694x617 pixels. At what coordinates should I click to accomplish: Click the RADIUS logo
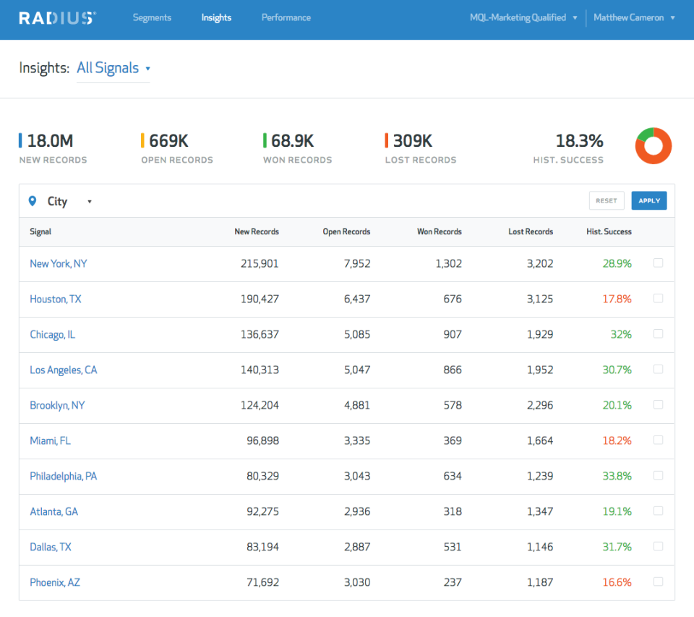pyautogui.click(x=57, y=18)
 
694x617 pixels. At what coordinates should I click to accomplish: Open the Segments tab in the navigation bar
pyautogui.click(x=152, y=17)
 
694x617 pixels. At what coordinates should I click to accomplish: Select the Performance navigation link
pyautogui.click(x=286, y=17)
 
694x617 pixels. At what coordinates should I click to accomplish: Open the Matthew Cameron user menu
pyautogui.click(x=634, y=17)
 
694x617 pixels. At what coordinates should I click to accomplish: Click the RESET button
pyautogui.click(x=606, y=200)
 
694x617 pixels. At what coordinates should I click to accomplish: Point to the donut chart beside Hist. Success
pyautogui.click(x=654, y=146)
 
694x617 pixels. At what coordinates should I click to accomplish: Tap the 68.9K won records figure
pyautogui.click(x=292, y=141)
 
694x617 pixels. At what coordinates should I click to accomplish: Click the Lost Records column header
pyautogui.click(x=530, y=231)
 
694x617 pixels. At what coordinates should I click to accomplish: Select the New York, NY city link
pyautogui.click(x=58, y=263)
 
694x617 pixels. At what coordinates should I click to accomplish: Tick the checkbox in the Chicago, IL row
pyautogui.click(x=658, y=333)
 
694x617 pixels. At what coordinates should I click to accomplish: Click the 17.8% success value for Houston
pyautogui.click(x=617, y=299)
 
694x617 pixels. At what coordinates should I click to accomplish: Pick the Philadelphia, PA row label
pyautogui.click(x=63, y=476)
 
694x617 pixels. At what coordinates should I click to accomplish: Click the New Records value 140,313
pyautogui.click(x=260, y=370)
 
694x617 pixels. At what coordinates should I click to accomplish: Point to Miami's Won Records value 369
pyautogui.click(x=453, y=441)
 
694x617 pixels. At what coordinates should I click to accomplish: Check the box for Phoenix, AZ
pyautogui.click(x=658, y=582)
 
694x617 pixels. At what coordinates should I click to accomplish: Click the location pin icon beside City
pyautogui.click(x=32, y=201)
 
